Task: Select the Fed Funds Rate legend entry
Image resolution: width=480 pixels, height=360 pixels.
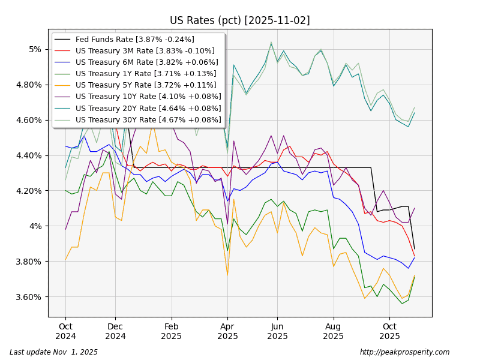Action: tap(134, 40)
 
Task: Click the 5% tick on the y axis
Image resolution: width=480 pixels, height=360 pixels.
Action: tap(35, 49)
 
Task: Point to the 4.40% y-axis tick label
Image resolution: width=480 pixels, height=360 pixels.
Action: tap(29, 155)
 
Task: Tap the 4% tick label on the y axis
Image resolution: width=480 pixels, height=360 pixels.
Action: tap(35, 226)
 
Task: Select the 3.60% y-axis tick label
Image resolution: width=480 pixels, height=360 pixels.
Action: tap(29, 297)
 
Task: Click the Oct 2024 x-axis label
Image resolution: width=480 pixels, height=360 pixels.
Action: tap(66, 332)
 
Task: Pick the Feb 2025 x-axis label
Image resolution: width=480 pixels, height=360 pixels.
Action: tap(172, 332)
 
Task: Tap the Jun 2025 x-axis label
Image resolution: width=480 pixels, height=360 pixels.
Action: tap(277, 332)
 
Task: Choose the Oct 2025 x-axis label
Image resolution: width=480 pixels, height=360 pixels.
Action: tap(389, 332)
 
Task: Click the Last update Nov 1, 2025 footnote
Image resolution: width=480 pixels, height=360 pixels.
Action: tap(53, 352)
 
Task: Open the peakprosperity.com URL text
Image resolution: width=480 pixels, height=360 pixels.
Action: tap(404, 352)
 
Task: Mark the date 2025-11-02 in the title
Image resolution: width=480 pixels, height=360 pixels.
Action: tap(277, 20)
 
